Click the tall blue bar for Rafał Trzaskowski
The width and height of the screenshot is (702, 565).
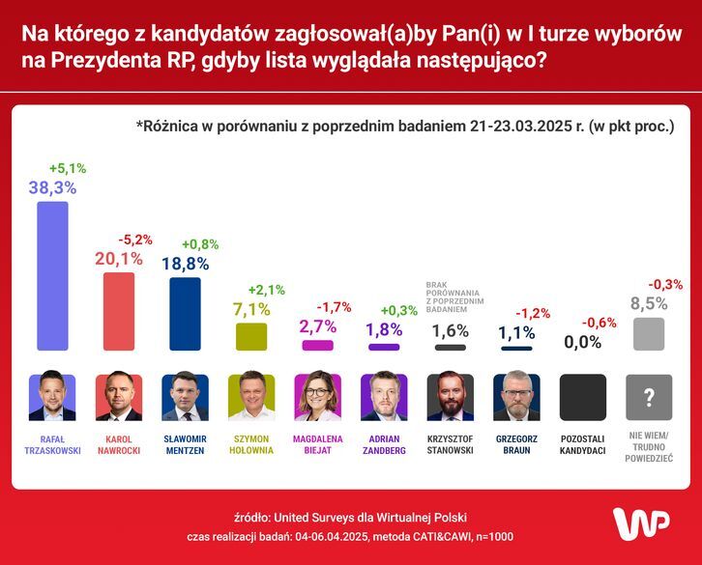point(52,276)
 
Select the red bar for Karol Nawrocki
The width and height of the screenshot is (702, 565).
point(119,311)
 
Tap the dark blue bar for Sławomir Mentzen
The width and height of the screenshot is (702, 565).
point(185,314)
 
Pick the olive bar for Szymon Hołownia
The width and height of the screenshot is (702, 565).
point(251,336)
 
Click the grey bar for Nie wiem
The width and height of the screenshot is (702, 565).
point(649,334)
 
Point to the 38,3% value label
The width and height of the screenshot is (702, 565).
point(52,187)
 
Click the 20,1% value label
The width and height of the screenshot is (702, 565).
point(119,258)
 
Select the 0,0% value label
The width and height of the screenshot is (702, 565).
point(583,341)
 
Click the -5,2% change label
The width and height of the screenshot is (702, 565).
point(134,239)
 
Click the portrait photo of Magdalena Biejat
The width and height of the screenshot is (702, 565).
point(317,397)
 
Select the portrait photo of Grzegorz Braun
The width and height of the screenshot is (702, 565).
point(516,397)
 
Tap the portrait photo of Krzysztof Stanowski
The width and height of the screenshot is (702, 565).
point(451,397)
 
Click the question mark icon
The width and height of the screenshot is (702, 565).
point(649,397)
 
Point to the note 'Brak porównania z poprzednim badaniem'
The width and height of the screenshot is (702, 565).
point(455,298)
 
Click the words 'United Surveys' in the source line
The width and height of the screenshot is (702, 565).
point(313,517)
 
